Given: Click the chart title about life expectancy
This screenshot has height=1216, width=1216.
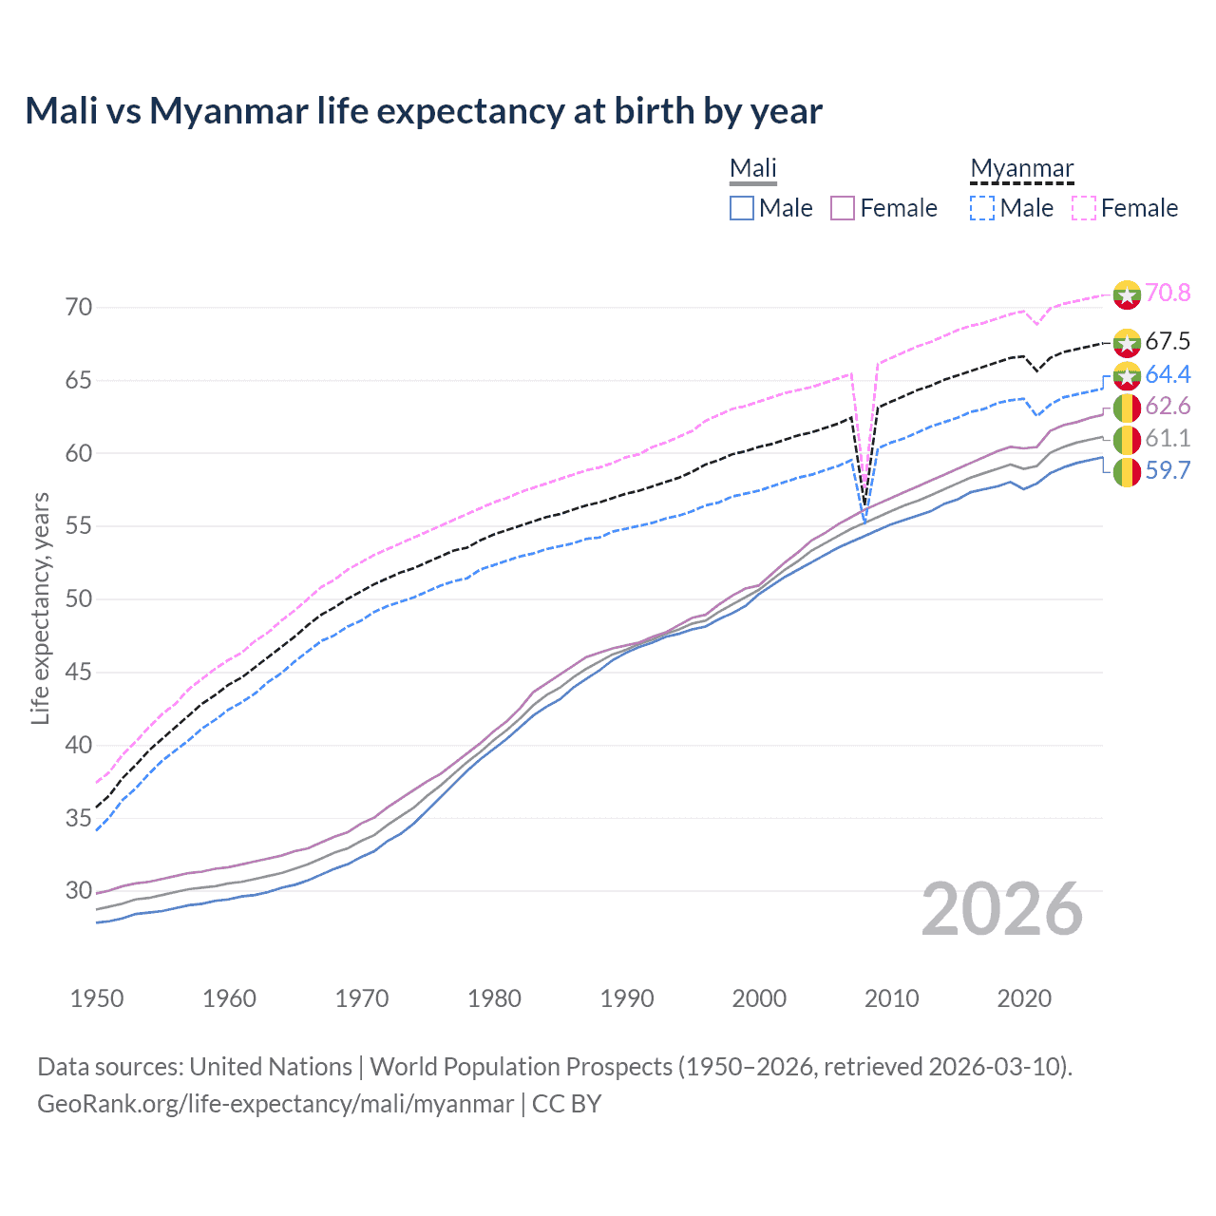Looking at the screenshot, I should click(x=424, y=111).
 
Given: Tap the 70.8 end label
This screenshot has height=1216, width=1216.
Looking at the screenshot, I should click(x=1168, y=293).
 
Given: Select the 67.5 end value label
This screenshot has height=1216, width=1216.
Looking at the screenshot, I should click(x=1168, y=341).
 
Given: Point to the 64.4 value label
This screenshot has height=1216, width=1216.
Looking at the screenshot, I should click(x=1168, y=374).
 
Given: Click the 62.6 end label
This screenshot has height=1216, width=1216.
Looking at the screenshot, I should click(x=1168, y=407).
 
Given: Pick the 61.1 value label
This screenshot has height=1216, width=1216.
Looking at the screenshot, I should click(x=1168, y=438).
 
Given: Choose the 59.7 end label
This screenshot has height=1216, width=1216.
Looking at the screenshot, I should click(x=1168, y=470).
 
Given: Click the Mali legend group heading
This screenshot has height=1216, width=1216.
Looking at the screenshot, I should click(x=753, y=168).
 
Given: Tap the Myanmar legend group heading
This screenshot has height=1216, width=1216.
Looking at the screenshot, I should click(x=1021, y=168).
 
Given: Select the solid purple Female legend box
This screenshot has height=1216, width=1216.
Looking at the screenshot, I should click(x=844, y=208).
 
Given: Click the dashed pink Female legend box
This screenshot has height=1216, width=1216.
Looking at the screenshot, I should click(x=1084, y=208).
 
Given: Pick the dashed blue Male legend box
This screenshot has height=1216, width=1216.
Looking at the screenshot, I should click(x=983, y=208).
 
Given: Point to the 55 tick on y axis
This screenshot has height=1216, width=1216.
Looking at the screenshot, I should click(x=79, y=526).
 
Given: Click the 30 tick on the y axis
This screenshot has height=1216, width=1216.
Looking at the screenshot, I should click(x=79, y=891).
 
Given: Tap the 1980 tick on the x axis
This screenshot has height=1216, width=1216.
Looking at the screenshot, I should click(x=494, y=998).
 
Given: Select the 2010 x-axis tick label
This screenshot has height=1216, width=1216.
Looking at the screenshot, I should click(x=891, y=998).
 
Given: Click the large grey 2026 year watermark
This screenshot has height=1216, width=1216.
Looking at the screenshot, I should click(x=1002, y=909).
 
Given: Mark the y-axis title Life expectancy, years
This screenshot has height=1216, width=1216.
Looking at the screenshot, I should click(x=40, y=608).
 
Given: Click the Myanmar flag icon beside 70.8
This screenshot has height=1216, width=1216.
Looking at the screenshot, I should click(x=1127, y=294).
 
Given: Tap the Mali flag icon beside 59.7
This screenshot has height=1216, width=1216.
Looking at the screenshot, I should click(x=1127, y=471).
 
